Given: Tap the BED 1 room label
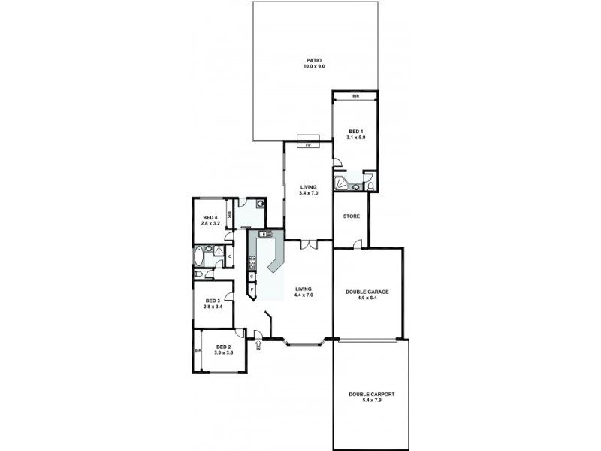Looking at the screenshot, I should pos(355,132).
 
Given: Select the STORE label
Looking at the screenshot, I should pos(352,216).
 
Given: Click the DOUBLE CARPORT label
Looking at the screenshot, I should pos(371,395).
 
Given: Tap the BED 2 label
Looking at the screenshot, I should pos(224,347).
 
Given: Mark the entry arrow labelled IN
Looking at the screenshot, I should pos(258,344).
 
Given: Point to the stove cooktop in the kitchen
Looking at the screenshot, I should pos(253,262).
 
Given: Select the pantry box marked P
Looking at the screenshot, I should pos(252,289).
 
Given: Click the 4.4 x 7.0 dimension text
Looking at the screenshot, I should pos(304,295).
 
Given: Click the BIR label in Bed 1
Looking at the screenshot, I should pos(355,96).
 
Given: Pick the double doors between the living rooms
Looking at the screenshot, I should pos(309,244).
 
